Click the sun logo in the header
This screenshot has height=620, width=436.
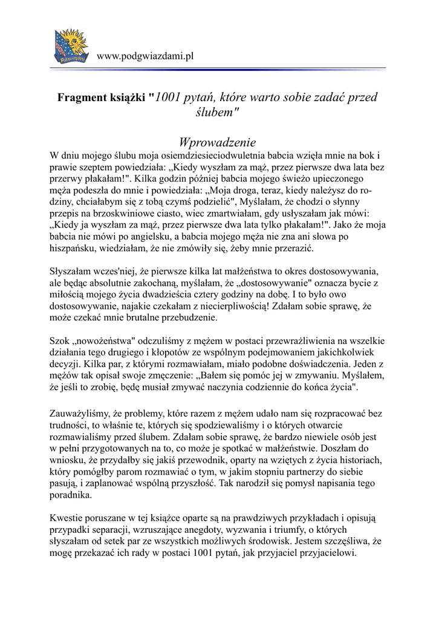point(72,46)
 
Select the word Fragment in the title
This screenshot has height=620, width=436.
point(81,97)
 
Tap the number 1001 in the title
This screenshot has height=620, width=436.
point(169,97)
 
